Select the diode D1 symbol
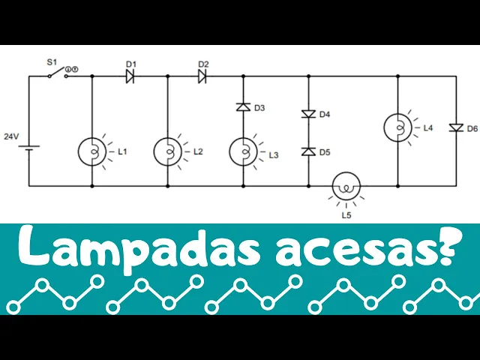pos(130,76)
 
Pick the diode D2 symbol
pos(202,76)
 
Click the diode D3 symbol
pos(243,108)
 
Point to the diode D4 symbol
pos(308,114)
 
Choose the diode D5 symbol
pos(308,151)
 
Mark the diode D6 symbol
pos(455,128)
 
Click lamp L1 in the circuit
pos(92,151)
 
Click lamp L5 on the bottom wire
pos(346,185)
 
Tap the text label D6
pos(472,128)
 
